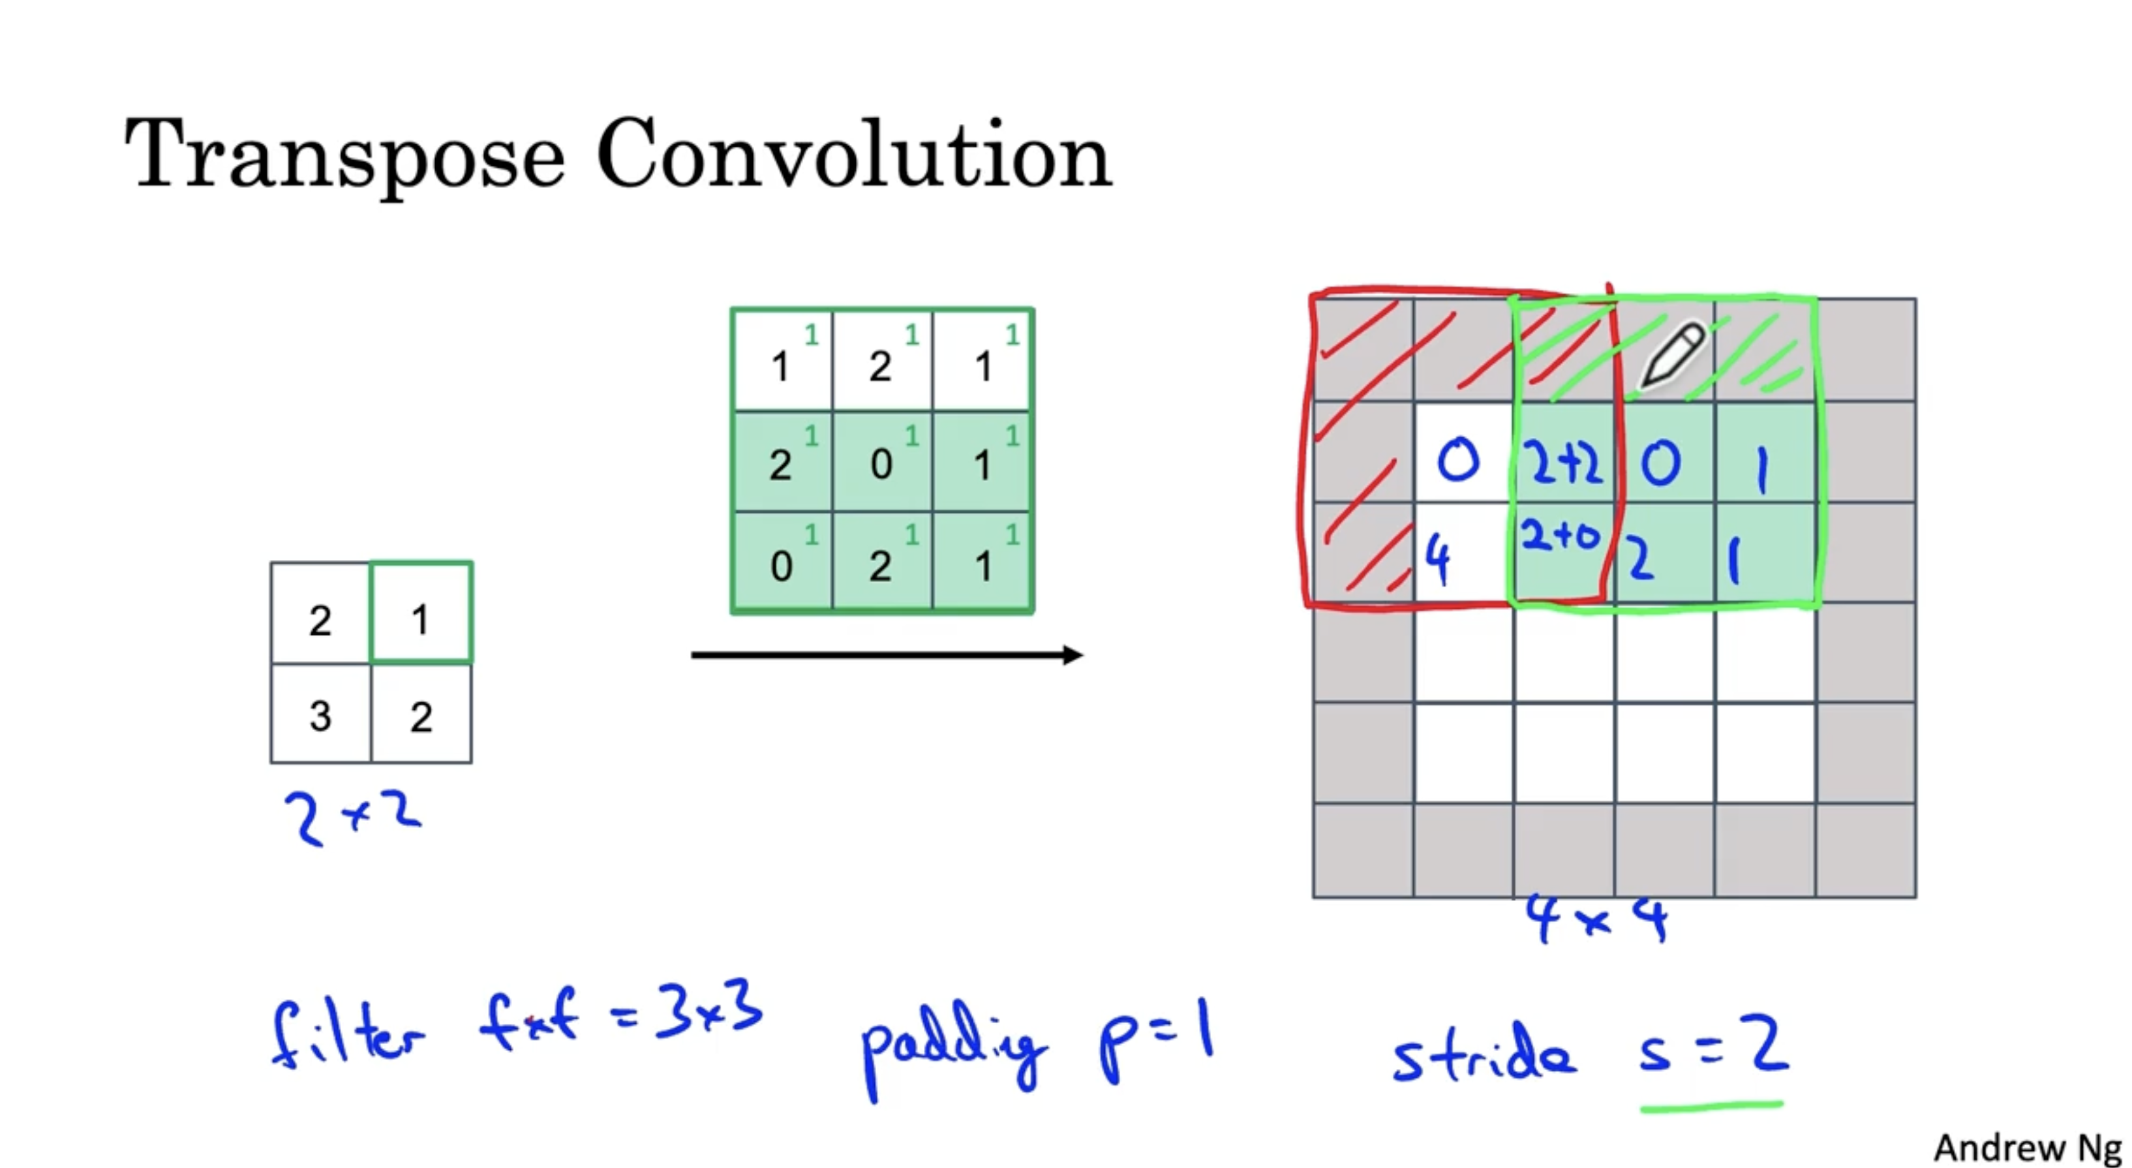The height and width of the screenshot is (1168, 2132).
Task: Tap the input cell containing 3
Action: click(x=320, y=715)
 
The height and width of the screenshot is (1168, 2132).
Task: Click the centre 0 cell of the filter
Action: click(x=882, y=462)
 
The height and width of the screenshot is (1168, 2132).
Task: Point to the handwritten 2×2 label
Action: click(x=352, y=817)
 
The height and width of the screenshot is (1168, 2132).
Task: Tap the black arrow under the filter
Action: click(x=885, y=654)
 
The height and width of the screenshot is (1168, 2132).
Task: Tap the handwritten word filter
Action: click(x=348, y=1035)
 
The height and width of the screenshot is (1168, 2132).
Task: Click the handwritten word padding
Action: click(x=952, y=1047)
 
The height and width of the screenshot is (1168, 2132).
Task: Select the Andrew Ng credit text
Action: click(x=2027, y=1147)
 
